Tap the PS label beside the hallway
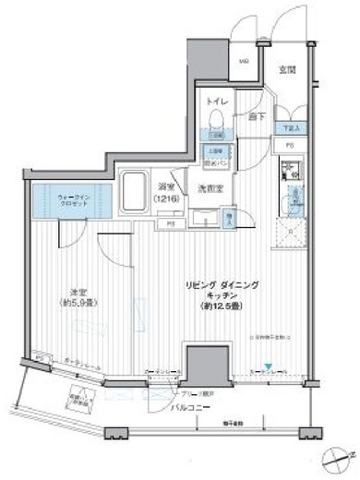tap(290, 146)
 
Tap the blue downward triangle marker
tap(269, 366)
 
